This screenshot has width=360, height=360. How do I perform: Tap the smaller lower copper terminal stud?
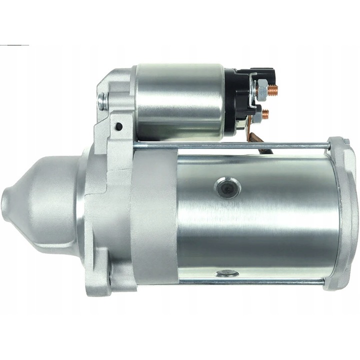coord(265,113)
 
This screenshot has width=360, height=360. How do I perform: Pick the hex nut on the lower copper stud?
coord(257,114)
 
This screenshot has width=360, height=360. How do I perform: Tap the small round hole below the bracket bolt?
coord(119,126)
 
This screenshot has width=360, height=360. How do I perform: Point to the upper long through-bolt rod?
coord(230,145)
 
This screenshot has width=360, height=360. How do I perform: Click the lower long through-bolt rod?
coord(250,281)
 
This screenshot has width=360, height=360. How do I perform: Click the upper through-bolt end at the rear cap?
coord(331,146)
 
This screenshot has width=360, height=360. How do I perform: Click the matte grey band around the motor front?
coord(155,215)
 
